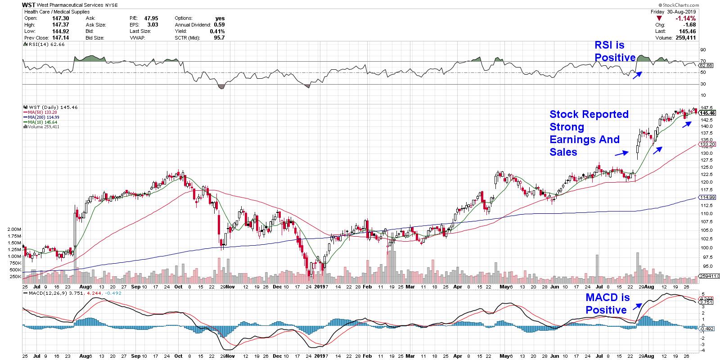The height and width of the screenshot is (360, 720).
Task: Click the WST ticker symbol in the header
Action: (x=29, y=5)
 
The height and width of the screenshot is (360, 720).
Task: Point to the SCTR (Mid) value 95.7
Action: (x=220, y=38)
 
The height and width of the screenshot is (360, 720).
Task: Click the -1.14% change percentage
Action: (x=686, y=18)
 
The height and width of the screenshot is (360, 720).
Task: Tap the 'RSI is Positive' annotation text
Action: (x=615, y=51)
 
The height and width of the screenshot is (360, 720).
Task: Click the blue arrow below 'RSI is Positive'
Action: (x=637, y=76)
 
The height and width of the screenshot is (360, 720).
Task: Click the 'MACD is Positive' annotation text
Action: (x=606, y=304)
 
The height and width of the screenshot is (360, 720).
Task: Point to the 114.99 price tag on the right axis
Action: (x=707, y=198)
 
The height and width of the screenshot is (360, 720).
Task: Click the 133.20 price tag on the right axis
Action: (x=707, y=144)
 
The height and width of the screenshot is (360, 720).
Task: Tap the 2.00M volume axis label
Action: (x=14, y=229)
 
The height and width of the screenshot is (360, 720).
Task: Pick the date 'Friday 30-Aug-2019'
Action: (x=673, y=11)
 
